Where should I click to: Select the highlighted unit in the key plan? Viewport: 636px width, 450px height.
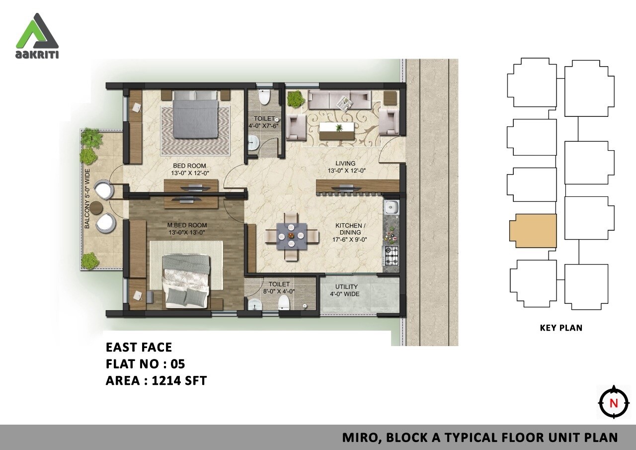click(x=533, y=231)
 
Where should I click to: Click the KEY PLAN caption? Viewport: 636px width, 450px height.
click(x=561, y=328)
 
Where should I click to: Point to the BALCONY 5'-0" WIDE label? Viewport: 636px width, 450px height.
click(x=87, y=199)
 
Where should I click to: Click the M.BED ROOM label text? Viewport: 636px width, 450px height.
click(x=186, y=228)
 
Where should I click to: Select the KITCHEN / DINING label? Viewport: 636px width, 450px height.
click(x=350, y=232)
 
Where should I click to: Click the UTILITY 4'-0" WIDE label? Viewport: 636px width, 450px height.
click(x=346, y=290)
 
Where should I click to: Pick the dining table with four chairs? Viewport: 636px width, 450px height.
click(x=292, y=236)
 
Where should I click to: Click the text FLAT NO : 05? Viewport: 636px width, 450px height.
click(x=145, y=364)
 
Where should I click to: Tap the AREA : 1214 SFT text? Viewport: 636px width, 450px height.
click(x=156, y=381)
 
